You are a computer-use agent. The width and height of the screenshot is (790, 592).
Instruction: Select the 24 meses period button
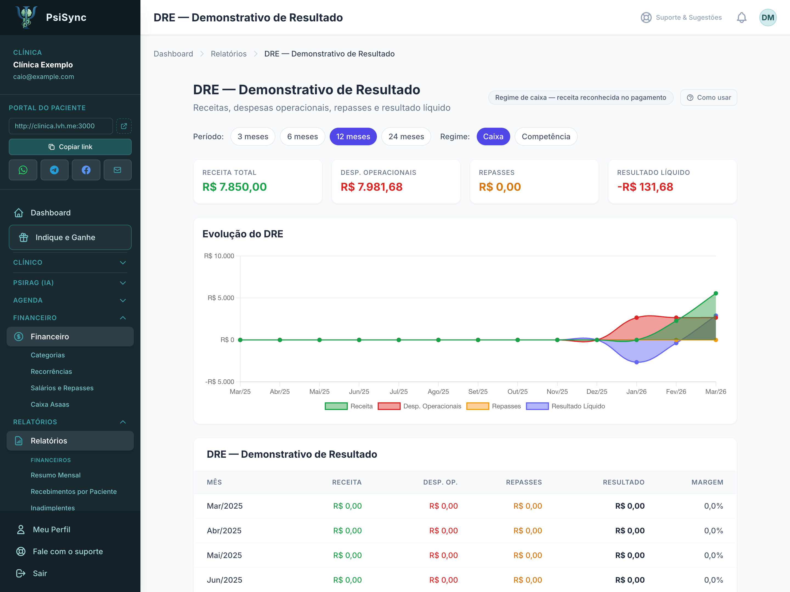pos(406,137)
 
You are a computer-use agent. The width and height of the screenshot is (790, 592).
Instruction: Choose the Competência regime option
pos(546,137)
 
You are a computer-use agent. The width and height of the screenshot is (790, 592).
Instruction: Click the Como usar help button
pos(709,97)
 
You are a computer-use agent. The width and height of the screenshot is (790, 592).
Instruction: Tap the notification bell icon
pos(741,18)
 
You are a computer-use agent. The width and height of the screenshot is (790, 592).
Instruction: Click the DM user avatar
pos(768,18)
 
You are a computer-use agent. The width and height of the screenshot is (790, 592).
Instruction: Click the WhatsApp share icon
pos(23,170)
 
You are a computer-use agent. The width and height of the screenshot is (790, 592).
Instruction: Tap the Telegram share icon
pos(54,170)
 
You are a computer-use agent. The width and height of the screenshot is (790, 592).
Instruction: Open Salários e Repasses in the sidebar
pos(62,388)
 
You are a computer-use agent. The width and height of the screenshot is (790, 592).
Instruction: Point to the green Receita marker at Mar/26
pos(716,293)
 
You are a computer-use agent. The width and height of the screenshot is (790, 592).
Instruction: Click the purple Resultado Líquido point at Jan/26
pos(636,362)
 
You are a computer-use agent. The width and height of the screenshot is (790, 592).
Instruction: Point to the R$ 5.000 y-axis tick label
pos(221,298)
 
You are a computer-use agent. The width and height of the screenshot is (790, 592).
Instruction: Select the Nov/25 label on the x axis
pos(557,391)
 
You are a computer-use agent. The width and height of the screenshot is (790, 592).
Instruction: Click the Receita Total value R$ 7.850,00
pos(235,187)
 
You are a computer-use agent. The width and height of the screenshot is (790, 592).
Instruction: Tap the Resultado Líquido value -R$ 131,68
pos(645,187)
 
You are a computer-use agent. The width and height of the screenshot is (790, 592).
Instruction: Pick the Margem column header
pos(707,482)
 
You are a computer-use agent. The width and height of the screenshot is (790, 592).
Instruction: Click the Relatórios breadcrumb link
pos(228,54)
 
